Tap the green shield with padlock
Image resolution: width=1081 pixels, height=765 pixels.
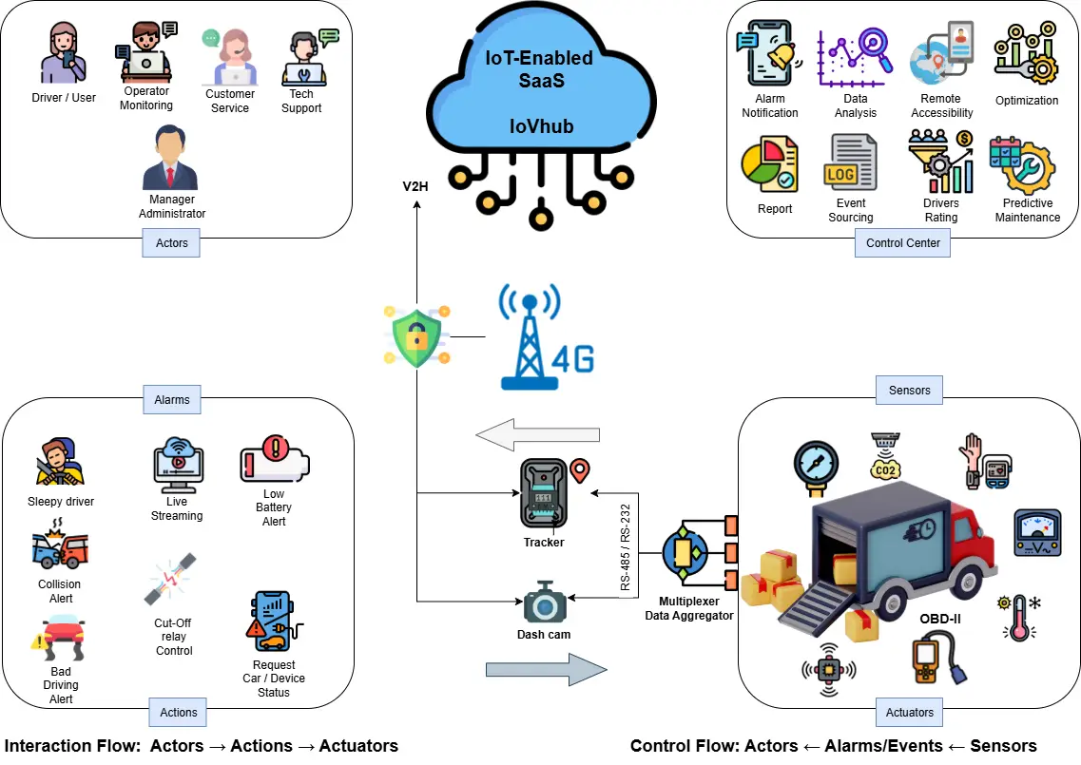pyautogui.click(x=417, y=335)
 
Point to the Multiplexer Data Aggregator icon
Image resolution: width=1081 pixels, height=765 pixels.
pyautogui.click(x=688, y=551)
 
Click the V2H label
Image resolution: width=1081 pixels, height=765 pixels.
pyautogui.click(x=415, y=186)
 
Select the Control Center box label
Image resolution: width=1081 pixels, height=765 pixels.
pyautogui.click(x=902, y=243)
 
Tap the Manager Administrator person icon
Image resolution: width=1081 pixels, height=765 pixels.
pyautogui.click(x=171, y=163)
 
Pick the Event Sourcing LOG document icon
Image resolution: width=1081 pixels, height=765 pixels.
pyautogui.click(x=850, y=164)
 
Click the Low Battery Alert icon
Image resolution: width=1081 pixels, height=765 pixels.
pyautogui.click(x=274, y=459)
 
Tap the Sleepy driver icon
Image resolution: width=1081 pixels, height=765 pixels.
pyautogui.click(x=60, y=464)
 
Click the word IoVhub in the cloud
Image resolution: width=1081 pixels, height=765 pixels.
pyautogui.click(x=543, y=126)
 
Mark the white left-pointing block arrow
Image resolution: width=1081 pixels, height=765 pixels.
pyautogui.click(x=537, y=435)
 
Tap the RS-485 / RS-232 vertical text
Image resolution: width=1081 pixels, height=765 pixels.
pyautogui.click(x=626, y=549)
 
